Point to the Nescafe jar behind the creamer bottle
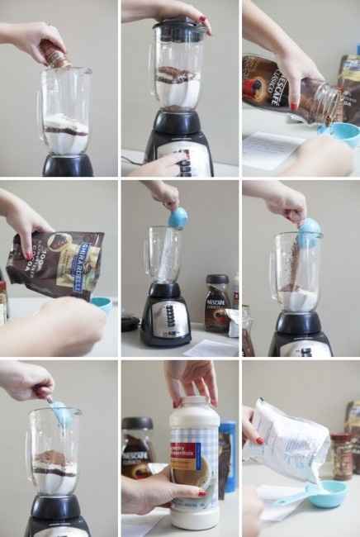[137, 446]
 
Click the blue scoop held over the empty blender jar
[178, 219]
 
